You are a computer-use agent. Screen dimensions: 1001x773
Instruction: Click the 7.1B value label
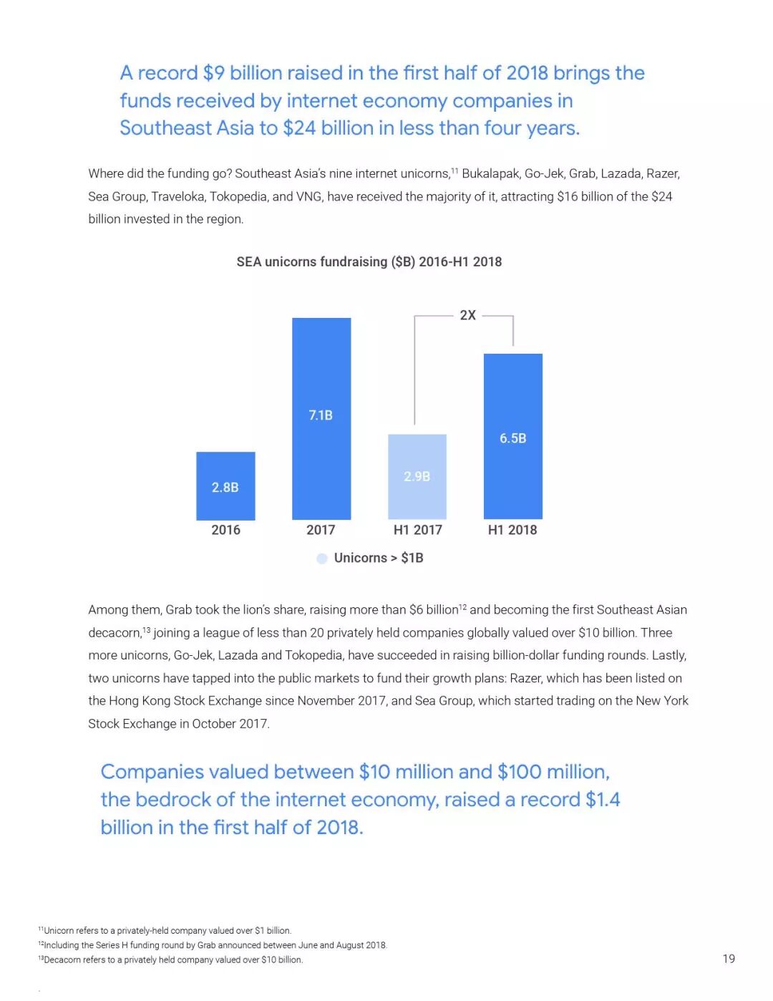[x=321, y=415]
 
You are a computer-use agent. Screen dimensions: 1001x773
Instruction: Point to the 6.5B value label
[x=513, y=438]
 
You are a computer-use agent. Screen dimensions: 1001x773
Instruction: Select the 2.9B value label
[x=417, y=476]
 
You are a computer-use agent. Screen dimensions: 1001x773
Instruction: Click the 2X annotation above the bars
[x=468, y=315]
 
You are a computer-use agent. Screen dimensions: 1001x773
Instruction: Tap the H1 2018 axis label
[x=512, y=530]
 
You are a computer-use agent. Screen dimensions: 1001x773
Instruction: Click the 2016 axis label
[x=225, y=530]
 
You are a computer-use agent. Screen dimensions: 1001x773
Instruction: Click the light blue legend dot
[x=322, y=558]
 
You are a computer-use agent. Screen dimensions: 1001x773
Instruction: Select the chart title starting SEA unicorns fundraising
[x=369, y=262]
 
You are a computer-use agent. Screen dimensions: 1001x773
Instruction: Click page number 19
[x=729, y=959]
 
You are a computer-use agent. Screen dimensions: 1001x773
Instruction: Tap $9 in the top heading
[x=213, y=73]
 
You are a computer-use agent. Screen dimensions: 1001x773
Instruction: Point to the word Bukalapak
[x=491, y=174]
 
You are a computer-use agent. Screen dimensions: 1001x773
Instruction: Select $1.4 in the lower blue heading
[x=603, y=800]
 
